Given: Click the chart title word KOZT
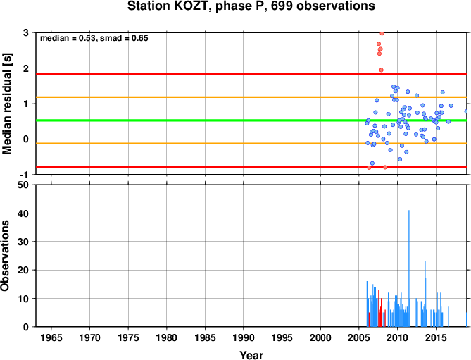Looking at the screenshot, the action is pos(191,6).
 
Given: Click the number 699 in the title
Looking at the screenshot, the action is pos(282,6).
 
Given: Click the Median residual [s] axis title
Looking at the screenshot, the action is pos(6,104).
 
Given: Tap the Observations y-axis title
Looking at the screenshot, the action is pos(5,256).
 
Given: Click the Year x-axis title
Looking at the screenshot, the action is pos(251,355).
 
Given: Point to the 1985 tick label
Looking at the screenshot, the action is pos(205,337).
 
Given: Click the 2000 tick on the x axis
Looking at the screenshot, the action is pos(320,337).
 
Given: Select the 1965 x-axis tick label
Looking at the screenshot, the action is pos(51,337).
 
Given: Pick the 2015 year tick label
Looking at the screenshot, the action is pos(436,337).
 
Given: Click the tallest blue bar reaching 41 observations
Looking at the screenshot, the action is pos(409,268).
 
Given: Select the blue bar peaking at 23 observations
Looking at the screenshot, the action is pos(425,294).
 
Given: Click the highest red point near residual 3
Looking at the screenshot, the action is pos(382,33).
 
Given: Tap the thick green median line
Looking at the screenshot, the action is pos(251,120).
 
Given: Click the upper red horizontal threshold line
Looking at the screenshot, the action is pos(251,74).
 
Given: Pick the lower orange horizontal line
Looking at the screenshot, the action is pos(251,143).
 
